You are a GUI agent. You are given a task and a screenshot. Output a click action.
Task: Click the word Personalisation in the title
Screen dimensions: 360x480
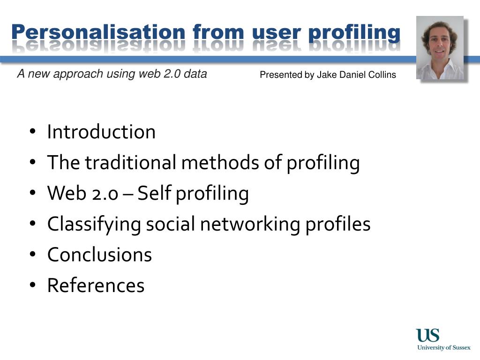98,32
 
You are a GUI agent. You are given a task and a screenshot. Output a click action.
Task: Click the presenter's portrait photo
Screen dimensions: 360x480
440,48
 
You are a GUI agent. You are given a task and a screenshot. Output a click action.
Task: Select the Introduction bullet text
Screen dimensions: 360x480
101,132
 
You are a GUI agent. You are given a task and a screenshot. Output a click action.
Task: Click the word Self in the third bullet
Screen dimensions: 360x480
155,194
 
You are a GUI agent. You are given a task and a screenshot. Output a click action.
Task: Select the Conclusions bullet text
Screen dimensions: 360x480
99,255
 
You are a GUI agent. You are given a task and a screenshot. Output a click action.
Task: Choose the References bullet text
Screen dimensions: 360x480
96,285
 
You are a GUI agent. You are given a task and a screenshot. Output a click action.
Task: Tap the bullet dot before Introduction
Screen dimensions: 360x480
32,132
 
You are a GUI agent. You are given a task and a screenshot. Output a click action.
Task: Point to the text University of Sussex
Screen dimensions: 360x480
444,348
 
